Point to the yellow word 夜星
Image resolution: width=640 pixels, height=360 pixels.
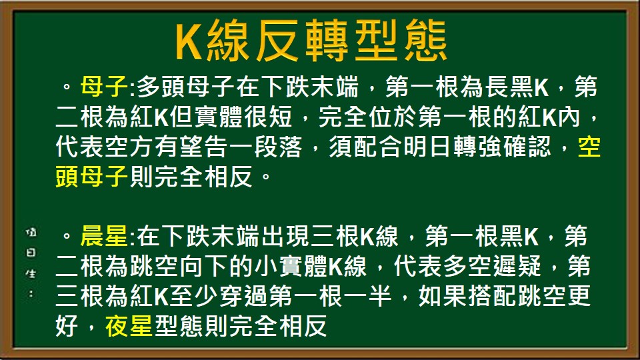click(129, 327)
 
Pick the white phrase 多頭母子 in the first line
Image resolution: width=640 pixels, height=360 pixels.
click(183, 87)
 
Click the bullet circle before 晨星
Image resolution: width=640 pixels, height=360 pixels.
click(66, 237)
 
